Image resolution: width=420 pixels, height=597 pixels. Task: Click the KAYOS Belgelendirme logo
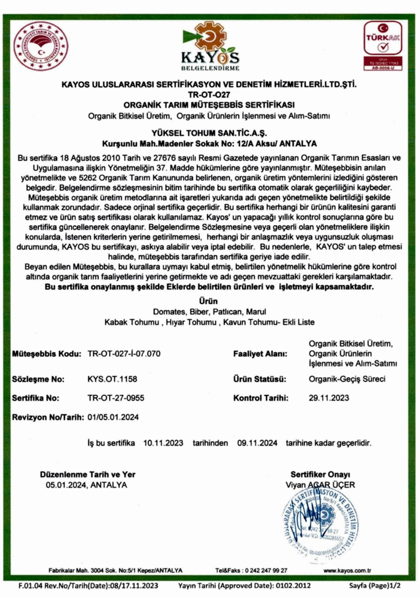[210, 46]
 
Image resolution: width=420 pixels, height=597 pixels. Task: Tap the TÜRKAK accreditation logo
[383, 45]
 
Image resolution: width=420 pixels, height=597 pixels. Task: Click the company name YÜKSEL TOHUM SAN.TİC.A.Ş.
[209, 133]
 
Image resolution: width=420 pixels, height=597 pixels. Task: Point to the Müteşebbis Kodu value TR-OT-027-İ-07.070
[124, 354]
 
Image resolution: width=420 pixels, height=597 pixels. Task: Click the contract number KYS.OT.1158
[112, 379]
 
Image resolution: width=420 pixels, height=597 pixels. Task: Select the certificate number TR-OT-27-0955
[116, 398]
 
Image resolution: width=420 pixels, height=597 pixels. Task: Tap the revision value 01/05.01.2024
[113, 417]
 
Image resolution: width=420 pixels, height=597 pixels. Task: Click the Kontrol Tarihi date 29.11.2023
[329, 398]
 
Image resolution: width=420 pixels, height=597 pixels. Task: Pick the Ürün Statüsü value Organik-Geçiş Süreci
[347, 379]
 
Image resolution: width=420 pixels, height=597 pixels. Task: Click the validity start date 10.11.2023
[163, 443]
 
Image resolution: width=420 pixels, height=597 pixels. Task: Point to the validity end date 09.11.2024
[257, 443]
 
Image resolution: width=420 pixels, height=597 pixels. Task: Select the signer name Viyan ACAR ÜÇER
[320, 485]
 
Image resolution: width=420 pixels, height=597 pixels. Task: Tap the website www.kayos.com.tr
[347, 570]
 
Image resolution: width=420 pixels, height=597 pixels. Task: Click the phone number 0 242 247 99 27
[266, 570]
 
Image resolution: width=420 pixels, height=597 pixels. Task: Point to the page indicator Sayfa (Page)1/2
[374, 586]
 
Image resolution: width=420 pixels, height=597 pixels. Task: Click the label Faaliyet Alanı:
[260, 354]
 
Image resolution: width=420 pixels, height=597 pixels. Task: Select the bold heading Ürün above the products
[209, 301]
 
